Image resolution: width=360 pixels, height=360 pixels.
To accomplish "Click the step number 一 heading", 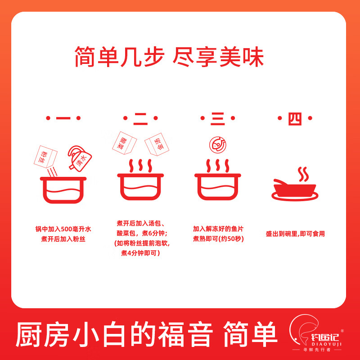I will pyautogui.click(x=63, y=119).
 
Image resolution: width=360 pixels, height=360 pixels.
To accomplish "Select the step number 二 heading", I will pyautogui.click(x=140, y=119).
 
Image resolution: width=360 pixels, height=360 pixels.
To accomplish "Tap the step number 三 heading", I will pyautogui.click(x=218, y=119).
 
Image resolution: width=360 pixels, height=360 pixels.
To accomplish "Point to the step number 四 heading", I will pyautogui.click(x=295, y=119).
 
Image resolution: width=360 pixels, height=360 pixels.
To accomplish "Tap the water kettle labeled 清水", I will pyautogui.click(x=80, y=158).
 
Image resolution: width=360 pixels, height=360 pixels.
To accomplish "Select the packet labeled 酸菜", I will pyautogui.click(x=123, y=143).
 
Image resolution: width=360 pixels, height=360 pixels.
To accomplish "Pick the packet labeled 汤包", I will pyautogui.click(x=156, y=144).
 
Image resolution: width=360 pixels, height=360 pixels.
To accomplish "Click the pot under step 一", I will pyautogui.click(x=63, y=189).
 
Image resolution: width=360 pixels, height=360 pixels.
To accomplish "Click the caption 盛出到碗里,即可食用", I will pyautogui.click(x=295, y=234).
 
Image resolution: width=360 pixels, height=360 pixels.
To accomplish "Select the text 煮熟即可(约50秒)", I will pyautogui.click(x=218, y=238).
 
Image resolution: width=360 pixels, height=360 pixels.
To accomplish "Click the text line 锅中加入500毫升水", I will pyautogui.click(x=63, y=229).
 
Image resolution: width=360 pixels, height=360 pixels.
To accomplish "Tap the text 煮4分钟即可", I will pyautogui.click(x=140, y=254).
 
